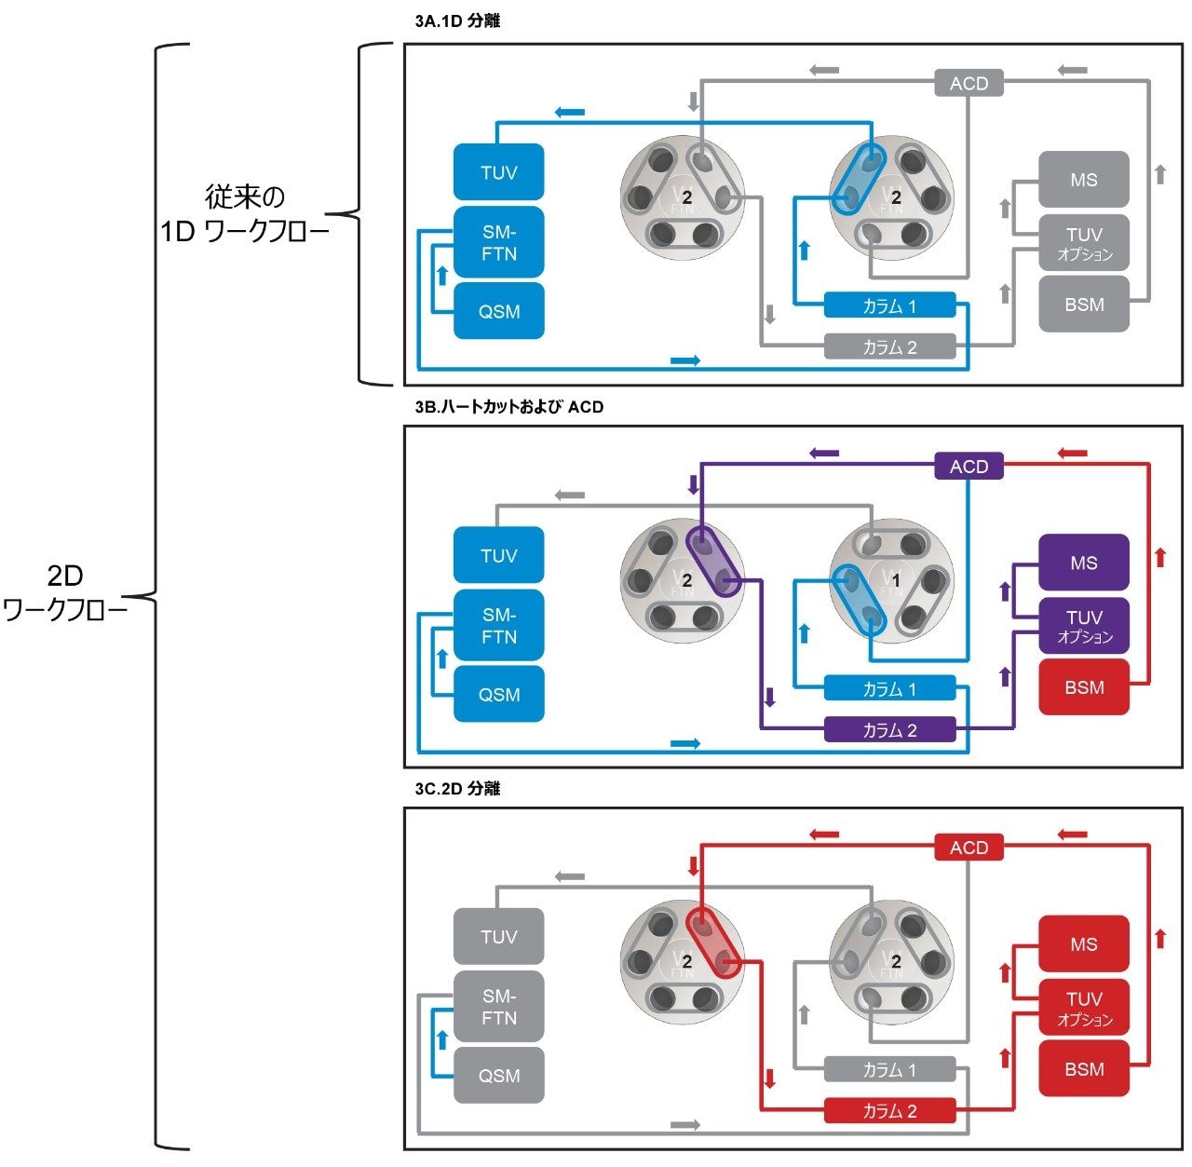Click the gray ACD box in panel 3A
968,84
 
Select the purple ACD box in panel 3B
968,467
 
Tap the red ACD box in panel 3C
968,848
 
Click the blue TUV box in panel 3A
498,172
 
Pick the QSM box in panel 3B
498,695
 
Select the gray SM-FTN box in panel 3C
498,1007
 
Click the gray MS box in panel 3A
1083,180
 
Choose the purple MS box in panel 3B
1083,563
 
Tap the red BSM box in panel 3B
1083,687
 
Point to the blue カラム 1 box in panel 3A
889,305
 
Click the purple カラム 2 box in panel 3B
889,730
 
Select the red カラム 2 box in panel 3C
889,1111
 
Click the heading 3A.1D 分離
457,20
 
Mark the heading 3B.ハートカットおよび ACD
509,407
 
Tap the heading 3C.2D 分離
457,789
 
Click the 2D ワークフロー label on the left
65,592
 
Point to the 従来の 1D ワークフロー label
245,214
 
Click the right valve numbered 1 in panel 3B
891,580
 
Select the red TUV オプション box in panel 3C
1083,1008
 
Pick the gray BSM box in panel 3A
1083,305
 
